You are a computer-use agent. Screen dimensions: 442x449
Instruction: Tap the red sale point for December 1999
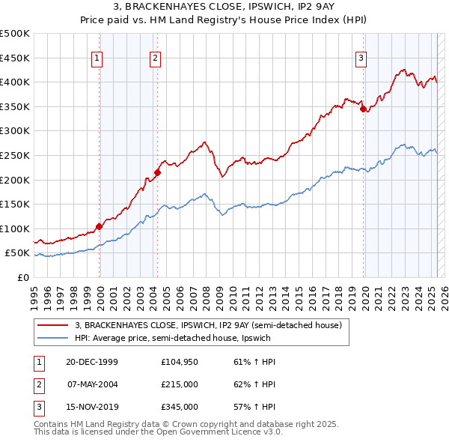[x=100, y=225]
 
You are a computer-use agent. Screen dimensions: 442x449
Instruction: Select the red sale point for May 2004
[x=157, y=172]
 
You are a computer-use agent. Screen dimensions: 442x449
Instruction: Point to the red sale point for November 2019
[x=364, y=109]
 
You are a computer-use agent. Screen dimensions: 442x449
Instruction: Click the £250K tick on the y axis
[x=16, y=155]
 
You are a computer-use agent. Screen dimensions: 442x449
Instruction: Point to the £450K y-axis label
[x=16, y=58]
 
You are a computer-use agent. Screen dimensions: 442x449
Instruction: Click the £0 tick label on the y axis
[x=24, y=277]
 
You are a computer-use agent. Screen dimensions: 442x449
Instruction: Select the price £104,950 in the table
[x=179, y=361]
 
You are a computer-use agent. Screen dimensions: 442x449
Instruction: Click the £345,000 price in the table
[x=179, y=408]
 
